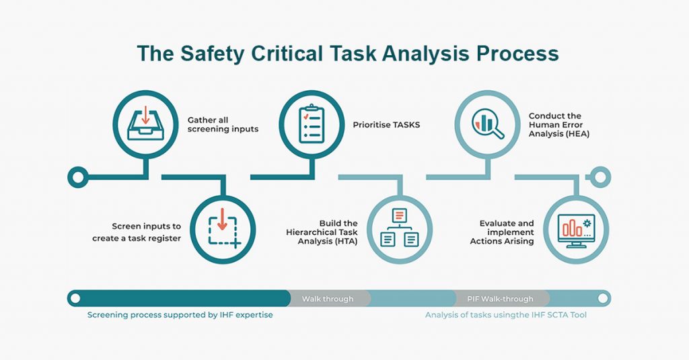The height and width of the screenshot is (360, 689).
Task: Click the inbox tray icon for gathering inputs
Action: pyautogui.click(x=145, y=122)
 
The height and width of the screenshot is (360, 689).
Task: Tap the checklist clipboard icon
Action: pyautogui.click(x=311, y=124)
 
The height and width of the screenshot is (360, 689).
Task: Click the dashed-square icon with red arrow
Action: pyautogui.click(x=223, y=229)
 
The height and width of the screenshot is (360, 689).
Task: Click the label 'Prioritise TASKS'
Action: pyautogui.click(x=386, y=124)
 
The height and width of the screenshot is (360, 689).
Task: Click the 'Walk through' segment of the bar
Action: pyautogui.click(x=328, y=299)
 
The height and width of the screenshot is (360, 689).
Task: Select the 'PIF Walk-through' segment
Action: pyautogui.click(x=500, y=299)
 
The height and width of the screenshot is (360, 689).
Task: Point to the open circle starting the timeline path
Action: pyautogui.click(x=77, y=178)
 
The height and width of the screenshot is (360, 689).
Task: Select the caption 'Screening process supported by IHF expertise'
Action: pyautogui.click(x=180, y=315)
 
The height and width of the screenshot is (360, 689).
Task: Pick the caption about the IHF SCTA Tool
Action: pyautogui.click(x=505, y=315)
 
